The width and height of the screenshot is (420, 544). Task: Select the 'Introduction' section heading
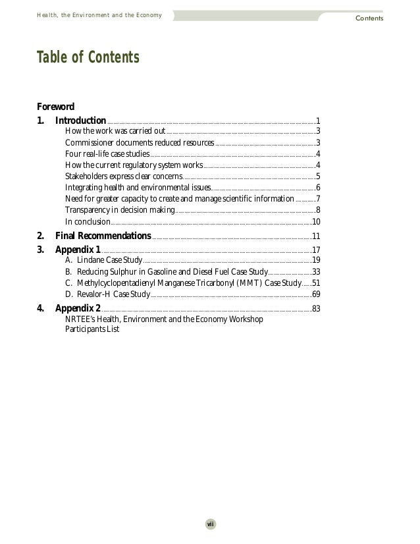80,121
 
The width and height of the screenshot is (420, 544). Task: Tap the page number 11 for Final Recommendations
316,236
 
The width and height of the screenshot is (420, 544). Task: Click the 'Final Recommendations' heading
103,236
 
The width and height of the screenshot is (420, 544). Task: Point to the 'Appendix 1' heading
78,250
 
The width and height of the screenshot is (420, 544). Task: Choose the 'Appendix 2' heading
78,308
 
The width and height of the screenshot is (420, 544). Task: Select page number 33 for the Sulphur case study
316,272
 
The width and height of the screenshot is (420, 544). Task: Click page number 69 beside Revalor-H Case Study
316,294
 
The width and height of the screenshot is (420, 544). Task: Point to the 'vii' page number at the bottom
211,524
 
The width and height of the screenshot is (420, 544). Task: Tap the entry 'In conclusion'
88,221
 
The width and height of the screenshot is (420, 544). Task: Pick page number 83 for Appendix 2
316,308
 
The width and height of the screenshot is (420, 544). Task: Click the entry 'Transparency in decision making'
120,210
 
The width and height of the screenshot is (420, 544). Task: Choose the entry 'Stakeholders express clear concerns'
123,177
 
